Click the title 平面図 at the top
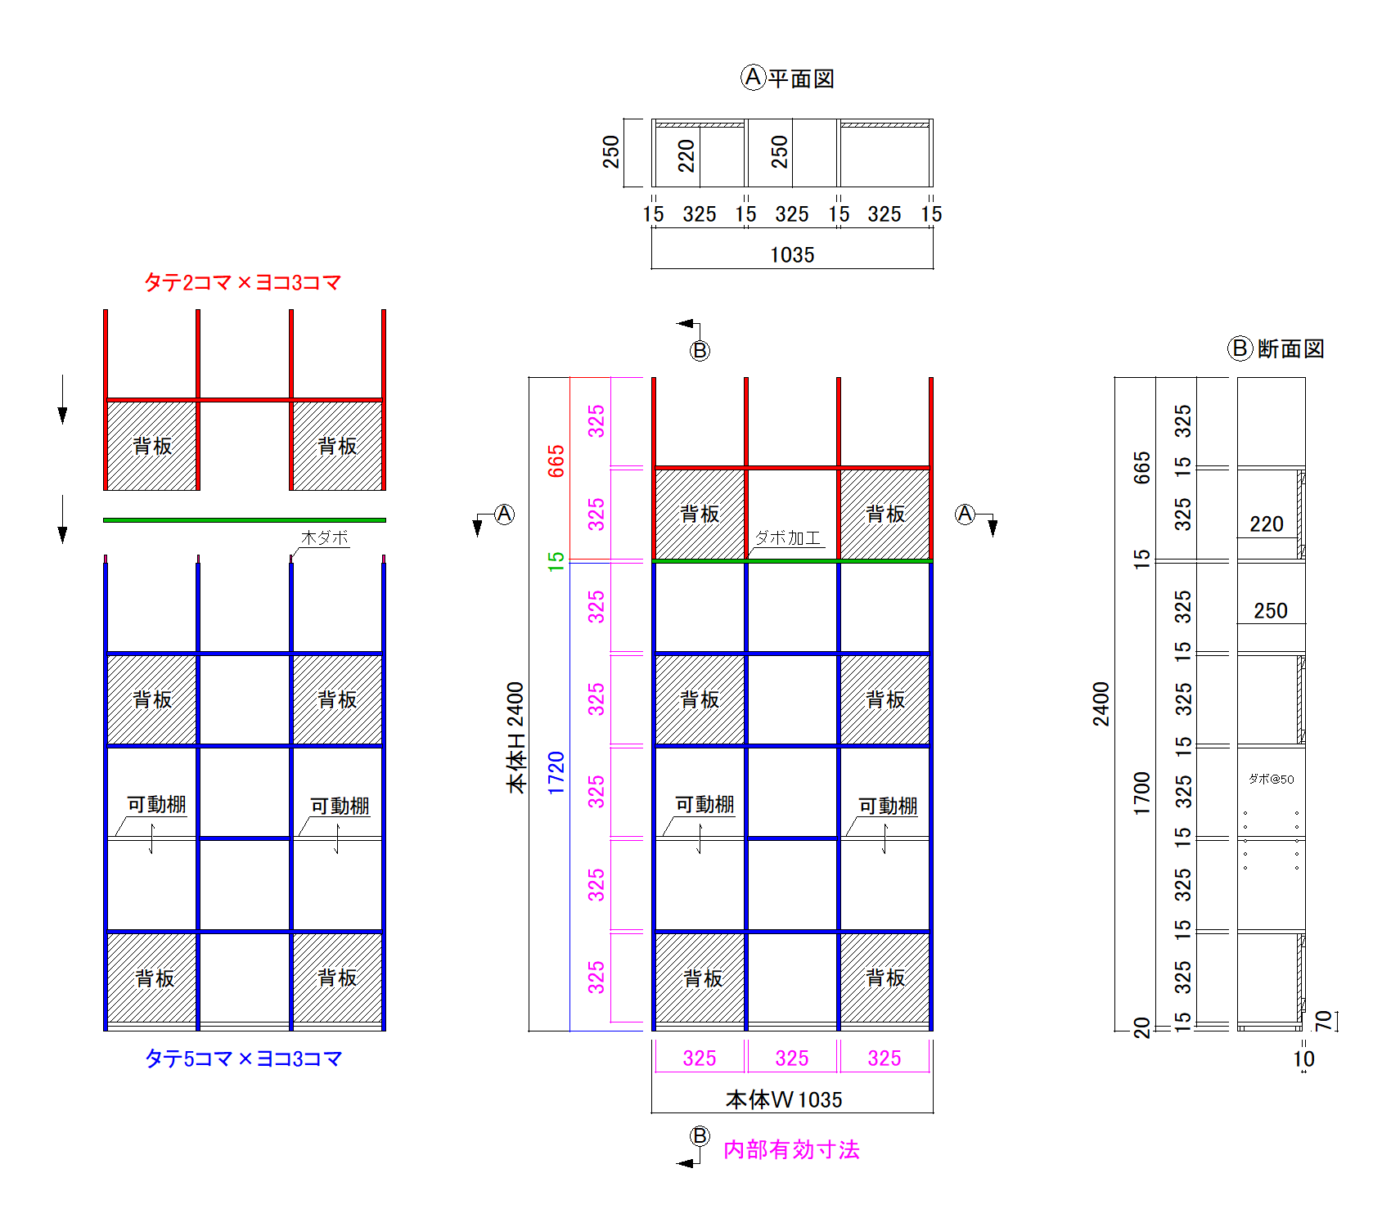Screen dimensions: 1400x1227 coord(801,79)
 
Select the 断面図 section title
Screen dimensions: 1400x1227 coord(1290,348)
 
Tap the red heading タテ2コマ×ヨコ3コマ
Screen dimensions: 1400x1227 coord(242,282)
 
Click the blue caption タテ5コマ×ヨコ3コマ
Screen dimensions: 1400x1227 coord(243,1058)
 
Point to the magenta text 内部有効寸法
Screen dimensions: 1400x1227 coord(791,1149)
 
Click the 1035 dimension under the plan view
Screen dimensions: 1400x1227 coord(792,255)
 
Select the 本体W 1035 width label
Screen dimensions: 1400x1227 coord(784,1099)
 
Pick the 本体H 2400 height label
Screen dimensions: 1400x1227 coord(515,738)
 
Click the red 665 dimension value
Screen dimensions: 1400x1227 coord(556,461)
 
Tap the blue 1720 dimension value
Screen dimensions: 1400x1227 coord(556,773)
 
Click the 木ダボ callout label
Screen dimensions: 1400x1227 coord(325,537)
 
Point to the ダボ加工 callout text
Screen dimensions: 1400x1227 coord(787,537)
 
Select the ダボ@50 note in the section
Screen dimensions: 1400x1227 coord(1272,779)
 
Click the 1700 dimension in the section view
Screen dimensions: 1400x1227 coord(1142,793)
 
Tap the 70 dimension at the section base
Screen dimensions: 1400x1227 coord(1323,1020)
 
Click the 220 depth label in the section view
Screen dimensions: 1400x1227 coord(1267,524)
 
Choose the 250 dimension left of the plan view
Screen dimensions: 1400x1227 coord(611,152)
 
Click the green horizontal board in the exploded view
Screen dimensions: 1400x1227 coord(245,519)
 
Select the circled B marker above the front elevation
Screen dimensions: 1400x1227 coord(700,351)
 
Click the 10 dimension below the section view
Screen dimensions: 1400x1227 coord(1304,1059)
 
